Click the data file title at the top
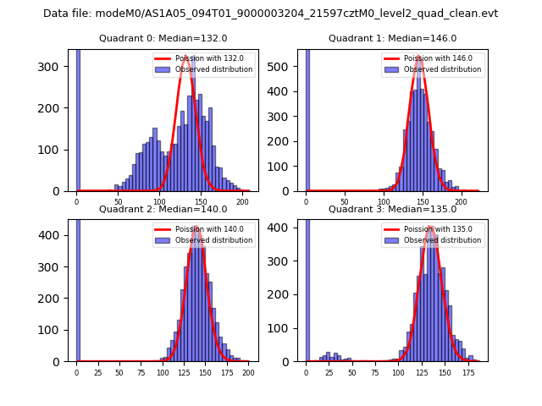pos(271,14)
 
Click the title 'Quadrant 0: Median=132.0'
pos(163,38)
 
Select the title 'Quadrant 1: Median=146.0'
pos(392,38)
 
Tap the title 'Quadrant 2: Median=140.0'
pos(163,209)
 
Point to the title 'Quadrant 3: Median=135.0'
pos(392,209)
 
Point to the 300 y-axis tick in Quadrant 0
pos(56,67)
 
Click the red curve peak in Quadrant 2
pos(196,227)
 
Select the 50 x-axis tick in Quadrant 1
pos(345,201)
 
